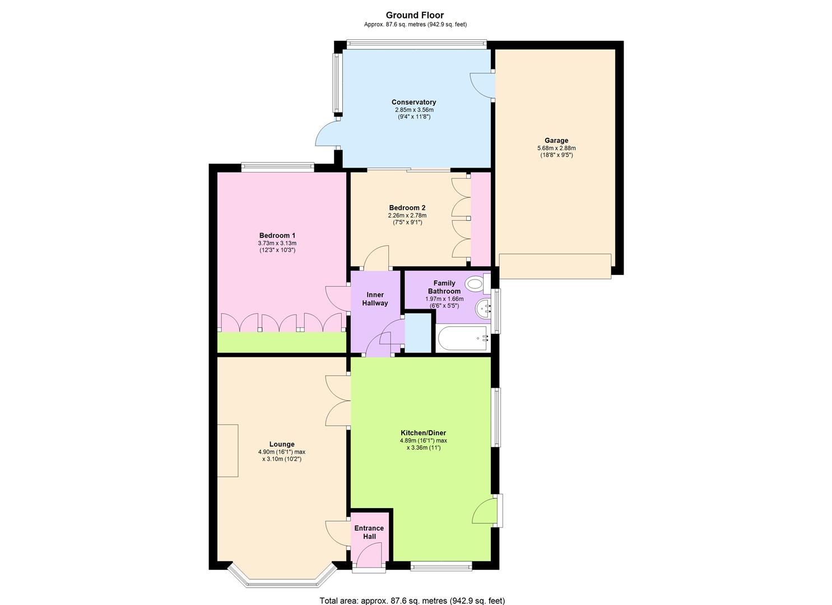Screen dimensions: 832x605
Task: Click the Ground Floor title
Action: coord(415,15)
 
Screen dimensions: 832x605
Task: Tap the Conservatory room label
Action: coord(414,102)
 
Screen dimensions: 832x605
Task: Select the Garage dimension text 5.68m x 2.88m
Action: coord(556,148)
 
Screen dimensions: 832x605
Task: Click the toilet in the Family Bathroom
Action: coord(478,284)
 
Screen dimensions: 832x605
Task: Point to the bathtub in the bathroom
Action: coord(462,338)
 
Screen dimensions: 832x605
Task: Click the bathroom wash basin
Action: coord(483,308)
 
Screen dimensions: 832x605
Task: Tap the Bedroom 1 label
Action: coord(277,235)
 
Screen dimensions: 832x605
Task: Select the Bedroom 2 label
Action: coord(407,208)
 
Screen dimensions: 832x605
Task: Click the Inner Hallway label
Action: coord(375,299)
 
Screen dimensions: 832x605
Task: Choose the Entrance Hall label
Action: coord(369,532)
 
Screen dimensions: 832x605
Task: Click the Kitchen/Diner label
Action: coord(423,432)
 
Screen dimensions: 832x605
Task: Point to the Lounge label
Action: coord(282,444)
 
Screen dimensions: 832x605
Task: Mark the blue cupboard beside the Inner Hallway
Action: coord(418,333)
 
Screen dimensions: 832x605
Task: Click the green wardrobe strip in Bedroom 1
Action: coord(282,342)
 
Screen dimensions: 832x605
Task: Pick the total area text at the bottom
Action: coord(412,601)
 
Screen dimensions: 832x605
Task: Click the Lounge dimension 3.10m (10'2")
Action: coord(282,459)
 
